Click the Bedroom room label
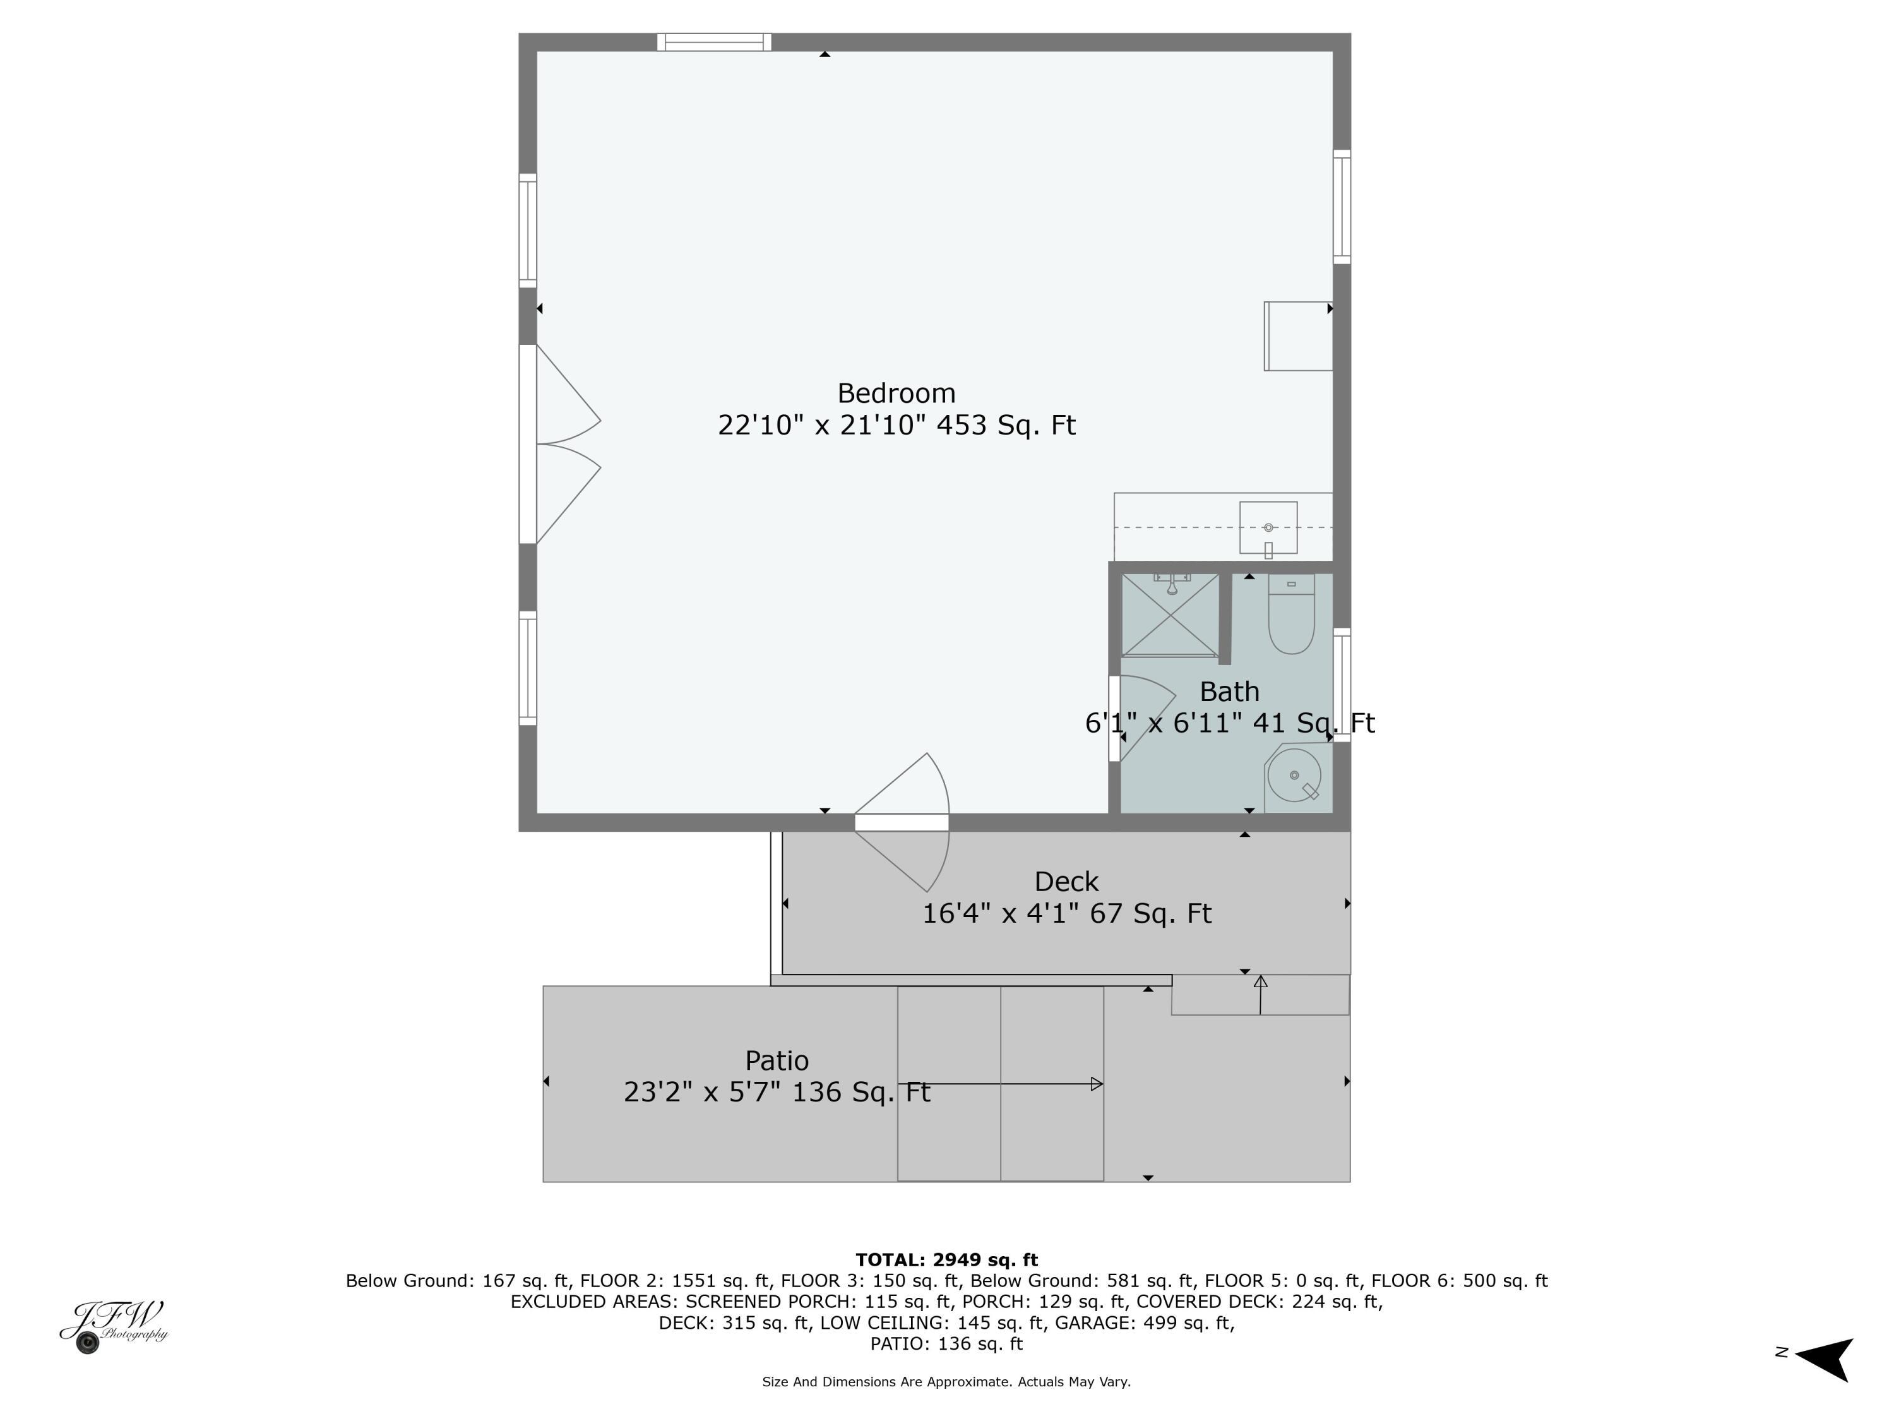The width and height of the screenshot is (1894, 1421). pos(896,393)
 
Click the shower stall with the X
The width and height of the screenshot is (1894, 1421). pos(1170,615)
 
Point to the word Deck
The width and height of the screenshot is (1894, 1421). pos(1066,882)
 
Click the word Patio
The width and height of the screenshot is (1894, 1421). pos(777,1061)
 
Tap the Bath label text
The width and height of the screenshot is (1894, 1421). pos(1229,691)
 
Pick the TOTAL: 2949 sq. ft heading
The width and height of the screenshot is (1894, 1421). pos(946,1260)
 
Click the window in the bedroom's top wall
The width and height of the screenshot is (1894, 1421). pos(714,42)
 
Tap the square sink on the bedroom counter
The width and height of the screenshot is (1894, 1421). pos(1268,527)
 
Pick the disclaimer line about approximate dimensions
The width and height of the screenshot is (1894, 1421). pos(946,1382)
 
